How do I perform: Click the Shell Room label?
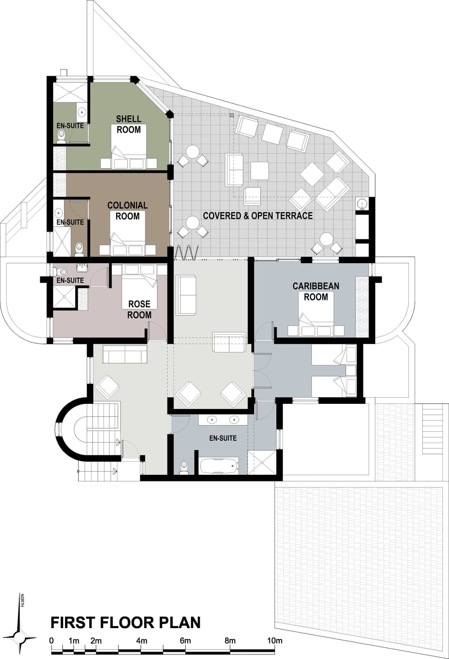point(129,124)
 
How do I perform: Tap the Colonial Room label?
point(127,210)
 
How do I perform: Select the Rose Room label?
point(139,309)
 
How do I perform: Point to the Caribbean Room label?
point(316,291)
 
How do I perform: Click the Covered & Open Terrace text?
point(258,215)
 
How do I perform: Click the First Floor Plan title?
point(125,623)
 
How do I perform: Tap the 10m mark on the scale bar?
point(275,641)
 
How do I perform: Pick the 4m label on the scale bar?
point(141,641)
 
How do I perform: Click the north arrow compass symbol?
point(21,637)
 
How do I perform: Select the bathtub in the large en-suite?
point(219,466)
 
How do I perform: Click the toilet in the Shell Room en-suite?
point(61,136)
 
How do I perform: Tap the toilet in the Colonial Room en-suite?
point(79,248)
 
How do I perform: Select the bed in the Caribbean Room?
point(316,318)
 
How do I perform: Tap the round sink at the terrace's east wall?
point(362,204)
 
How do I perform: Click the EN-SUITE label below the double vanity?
point(223,438)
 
